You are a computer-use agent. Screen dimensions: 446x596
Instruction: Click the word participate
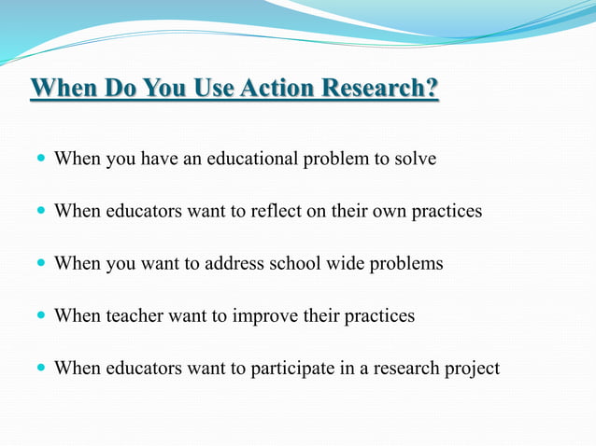click(x=294, y=368)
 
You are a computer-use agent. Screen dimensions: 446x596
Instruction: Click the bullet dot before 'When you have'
click(x=39, y=160)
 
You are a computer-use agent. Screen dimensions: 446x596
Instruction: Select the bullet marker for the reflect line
click(x=39, y=212)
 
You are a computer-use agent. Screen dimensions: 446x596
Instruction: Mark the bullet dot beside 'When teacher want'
click(x=39, y=316)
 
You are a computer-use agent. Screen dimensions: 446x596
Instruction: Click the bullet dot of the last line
click(x=39, y=369)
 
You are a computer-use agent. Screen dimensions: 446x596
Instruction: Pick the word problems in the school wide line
click(x=405, y=263)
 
